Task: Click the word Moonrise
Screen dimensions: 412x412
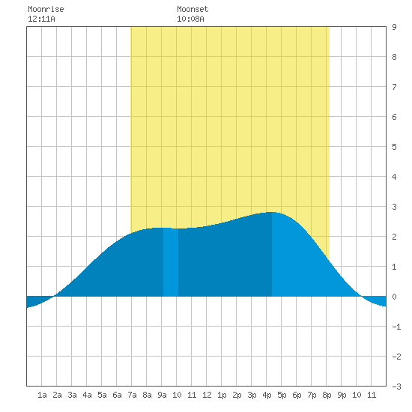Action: [x=46, y=9]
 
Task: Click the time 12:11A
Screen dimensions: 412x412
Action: [x=41, y=19]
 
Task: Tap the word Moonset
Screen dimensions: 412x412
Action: [x=193, y=9]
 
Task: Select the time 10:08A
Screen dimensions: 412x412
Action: [x=190, y=19]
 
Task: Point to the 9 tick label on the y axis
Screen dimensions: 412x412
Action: [x=394, y=27]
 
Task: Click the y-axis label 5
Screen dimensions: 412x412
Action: [x=394, y=147]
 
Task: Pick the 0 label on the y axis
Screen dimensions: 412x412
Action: [x=394, y=297]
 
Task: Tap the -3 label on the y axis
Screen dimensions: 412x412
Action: [x=396, y=387]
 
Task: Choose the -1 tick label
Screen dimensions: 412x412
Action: [x=396, y=327]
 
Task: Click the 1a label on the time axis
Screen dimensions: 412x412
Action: [x=42, y=395]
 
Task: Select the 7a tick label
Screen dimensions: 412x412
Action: [x=132, y=395]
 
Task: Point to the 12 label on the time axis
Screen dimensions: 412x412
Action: [x=207, y=395]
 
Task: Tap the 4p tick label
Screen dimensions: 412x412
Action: [x=267, y=395]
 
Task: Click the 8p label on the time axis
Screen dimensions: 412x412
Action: [x=327, y=395]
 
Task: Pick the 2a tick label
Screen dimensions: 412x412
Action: [x=57, y=395]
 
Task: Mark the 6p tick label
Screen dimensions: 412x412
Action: [x=297, y=395]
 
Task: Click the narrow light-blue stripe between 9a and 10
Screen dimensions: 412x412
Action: [x=171, y=262]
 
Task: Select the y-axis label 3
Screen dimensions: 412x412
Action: [x=394, y=207]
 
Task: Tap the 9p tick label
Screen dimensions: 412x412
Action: [x=342, y=395]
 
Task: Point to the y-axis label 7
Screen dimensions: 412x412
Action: [x=394, y=87]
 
